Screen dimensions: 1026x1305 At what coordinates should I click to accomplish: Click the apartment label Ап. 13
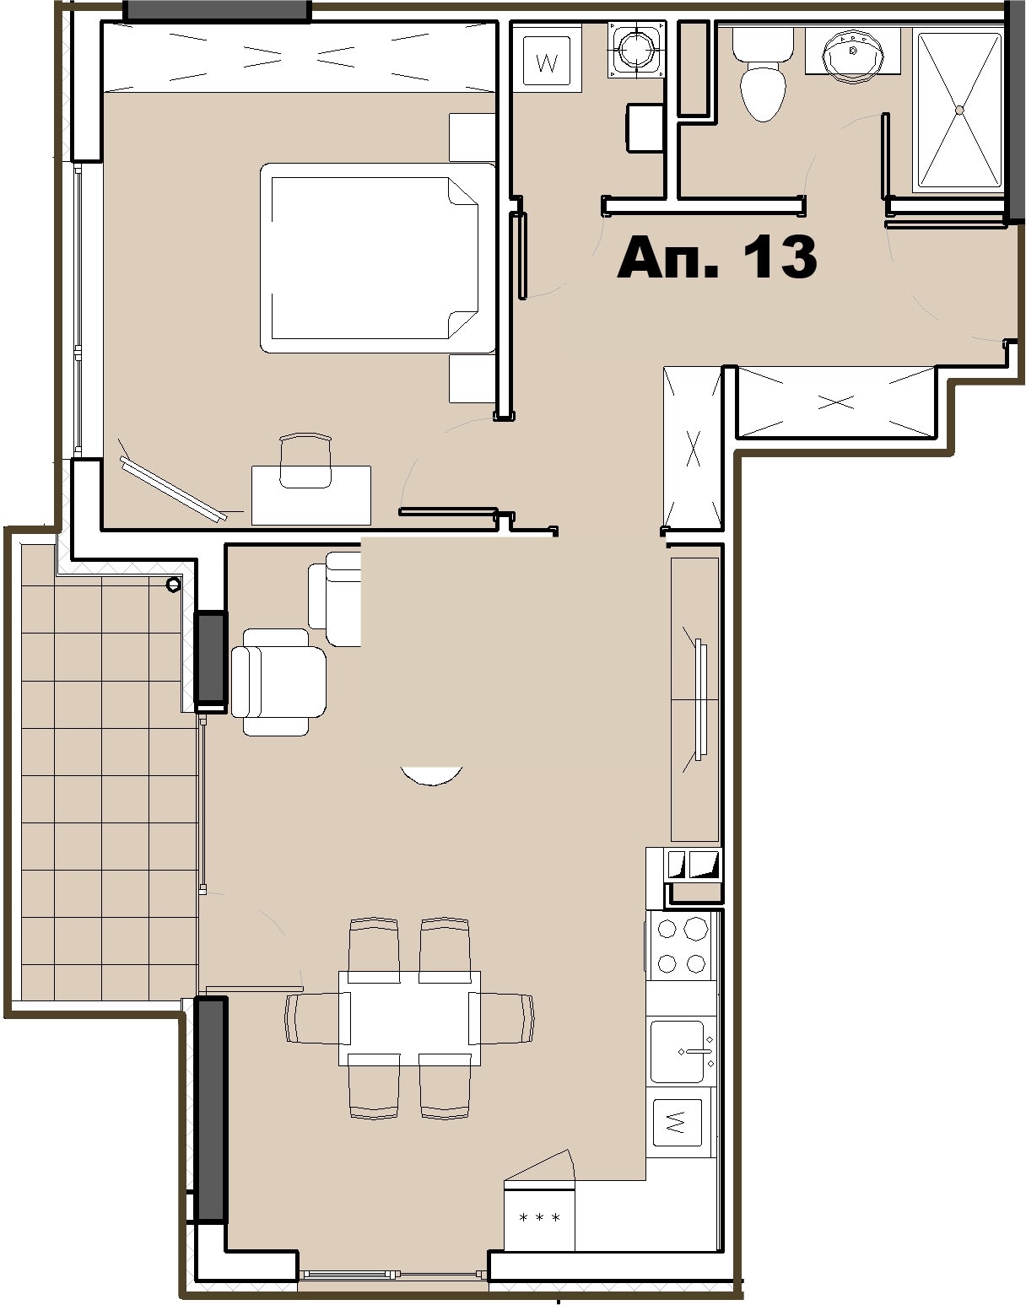(716, 256)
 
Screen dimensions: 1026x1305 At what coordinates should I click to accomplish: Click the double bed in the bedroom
(377, 257)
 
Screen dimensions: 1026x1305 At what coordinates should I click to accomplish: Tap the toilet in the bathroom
(763, 74)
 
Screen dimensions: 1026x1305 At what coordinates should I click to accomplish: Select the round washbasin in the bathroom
(852, 52)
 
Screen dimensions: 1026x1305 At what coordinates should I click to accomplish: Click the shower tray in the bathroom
(958, 110)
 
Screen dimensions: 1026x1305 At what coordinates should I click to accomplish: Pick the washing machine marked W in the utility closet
(548, 61)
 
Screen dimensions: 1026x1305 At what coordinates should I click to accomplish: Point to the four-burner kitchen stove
(681, 946)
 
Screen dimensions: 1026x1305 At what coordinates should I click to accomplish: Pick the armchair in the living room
(278, 682)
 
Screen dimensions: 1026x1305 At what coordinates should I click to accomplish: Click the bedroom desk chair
(305, 461)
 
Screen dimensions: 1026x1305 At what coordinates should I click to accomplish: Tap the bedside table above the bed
(472, 137)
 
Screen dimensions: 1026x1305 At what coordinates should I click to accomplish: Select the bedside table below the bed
(472, 379)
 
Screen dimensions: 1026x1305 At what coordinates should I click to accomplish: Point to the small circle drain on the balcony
(173, 584)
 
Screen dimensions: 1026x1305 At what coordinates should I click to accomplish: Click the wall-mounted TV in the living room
(699, 700)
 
